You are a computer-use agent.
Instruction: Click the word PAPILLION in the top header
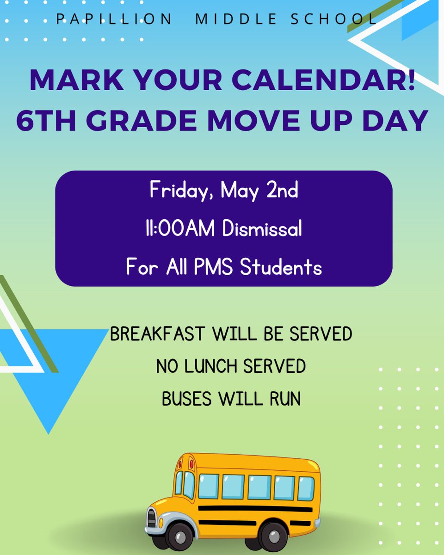(x=114, y=19)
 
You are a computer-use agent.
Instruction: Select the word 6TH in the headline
(x=46, y=121)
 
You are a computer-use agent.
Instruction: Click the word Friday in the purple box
(x=178, y=191)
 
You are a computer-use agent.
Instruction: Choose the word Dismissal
(x=262, y=229)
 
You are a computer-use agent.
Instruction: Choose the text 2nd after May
(x=283, y=191)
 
